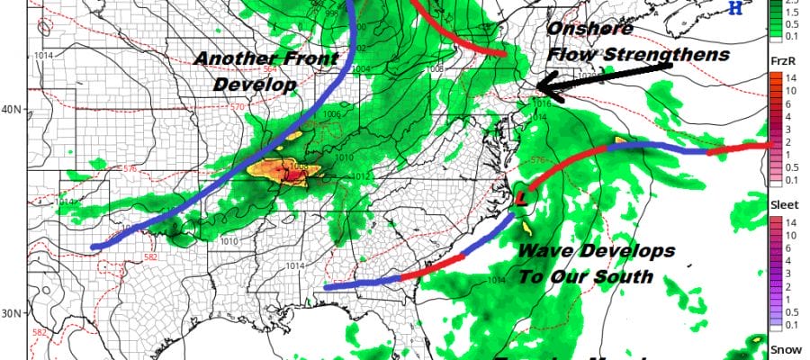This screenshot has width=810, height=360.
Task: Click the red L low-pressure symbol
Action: (x=519, y=197)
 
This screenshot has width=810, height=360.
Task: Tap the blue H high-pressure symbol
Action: (x=760, y=8)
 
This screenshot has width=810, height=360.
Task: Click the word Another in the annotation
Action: (x=233, y=60)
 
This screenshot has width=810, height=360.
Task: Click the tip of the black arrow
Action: (x=536, y=88)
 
